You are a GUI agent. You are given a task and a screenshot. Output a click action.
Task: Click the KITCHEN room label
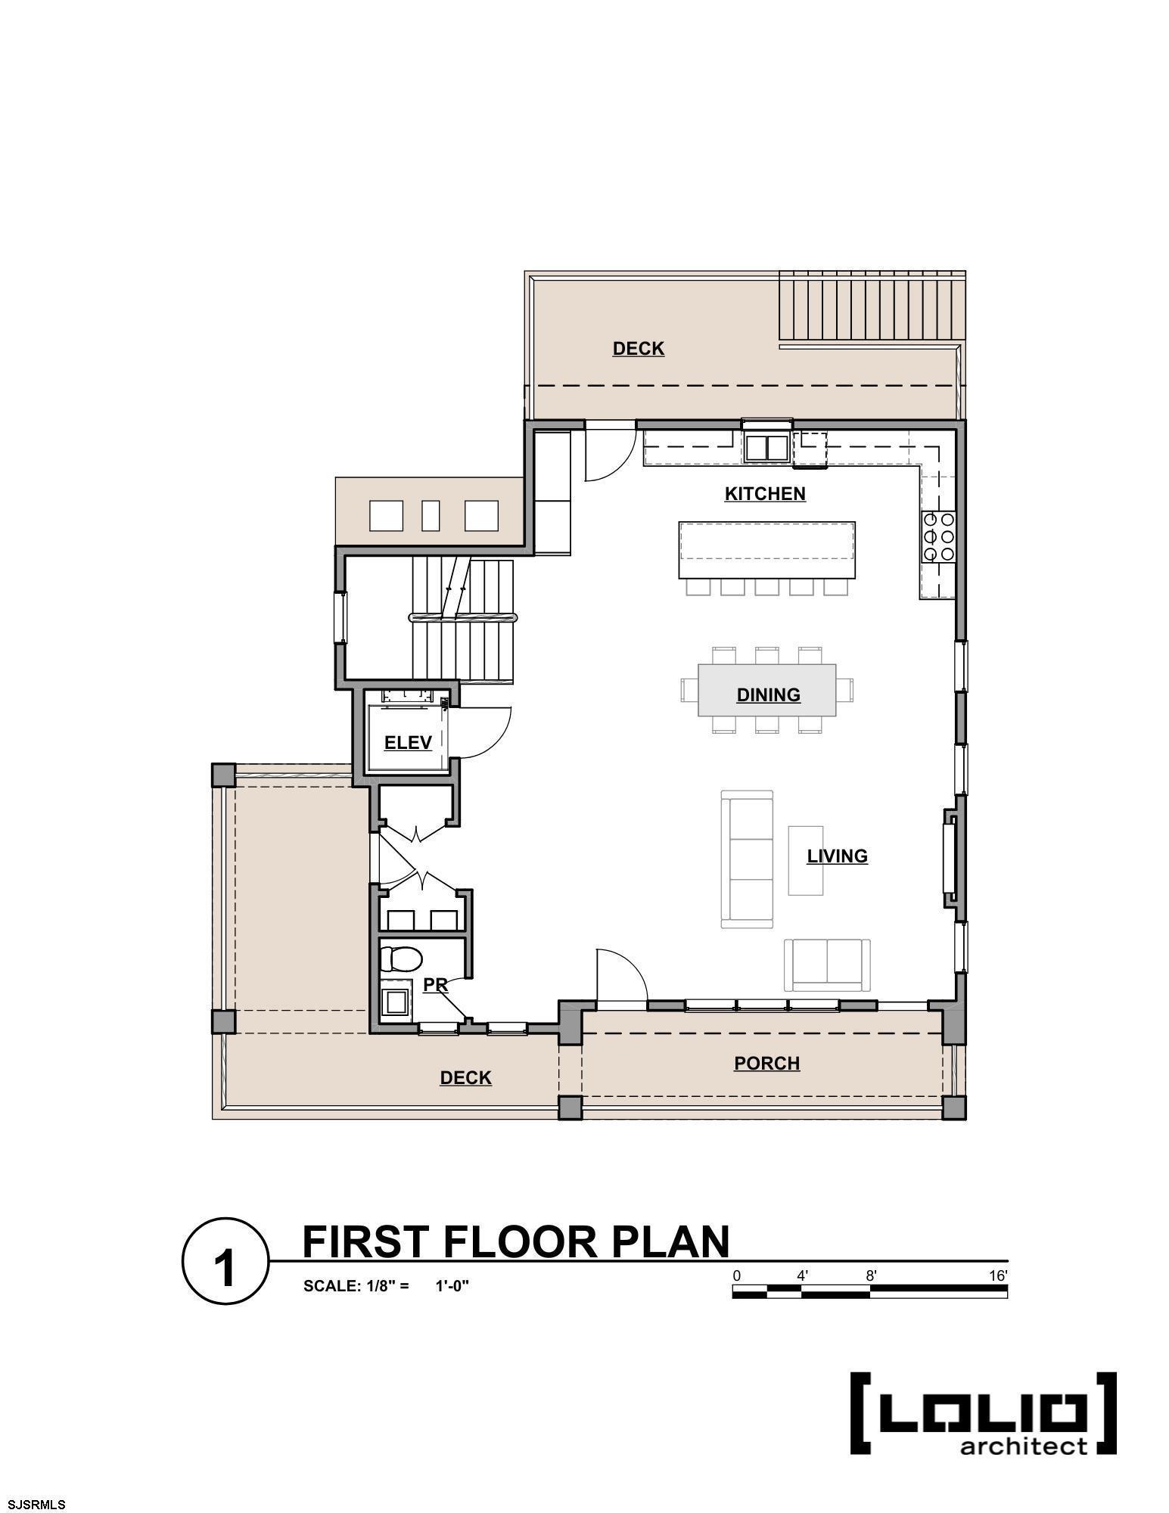765,494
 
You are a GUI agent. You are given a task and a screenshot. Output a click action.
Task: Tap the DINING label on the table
768,694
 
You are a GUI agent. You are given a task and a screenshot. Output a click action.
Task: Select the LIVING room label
837,856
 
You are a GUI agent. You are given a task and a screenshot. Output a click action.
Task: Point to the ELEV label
408,742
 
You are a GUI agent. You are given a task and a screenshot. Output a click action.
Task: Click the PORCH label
766,1063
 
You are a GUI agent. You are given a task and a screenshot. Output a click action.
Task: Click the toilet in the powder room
400,959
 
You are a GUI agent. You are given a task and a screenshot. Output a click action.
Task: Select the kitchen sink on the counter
766,446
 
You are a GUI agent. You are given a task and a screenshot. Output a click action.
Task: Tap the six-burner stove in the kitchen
938,537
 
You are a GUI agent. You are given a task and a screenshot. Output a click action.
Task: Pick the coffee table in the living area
806,860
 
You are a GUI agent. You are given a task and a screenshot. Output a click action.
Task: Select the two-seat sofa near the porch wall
827,964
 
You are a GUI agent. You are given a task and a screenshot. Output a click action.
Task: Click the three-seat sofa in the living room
747,859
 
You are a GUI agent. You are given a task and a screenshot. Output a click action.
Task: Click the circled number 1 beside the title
225,1261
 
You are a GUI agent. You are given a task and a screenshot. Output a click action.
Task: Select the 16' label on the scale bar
998,1276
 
